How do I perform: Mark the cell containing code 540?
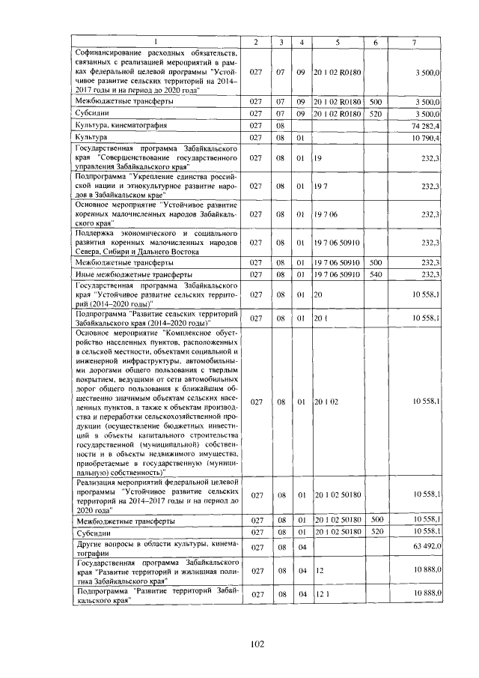pyautogui.click(x=376, y=276)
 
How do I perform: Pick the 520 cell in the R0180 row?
pyautogui.click(x=376, y=113)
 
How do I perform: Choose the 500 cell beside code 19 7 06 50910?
pyautogui.click(x=376, y=263)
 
